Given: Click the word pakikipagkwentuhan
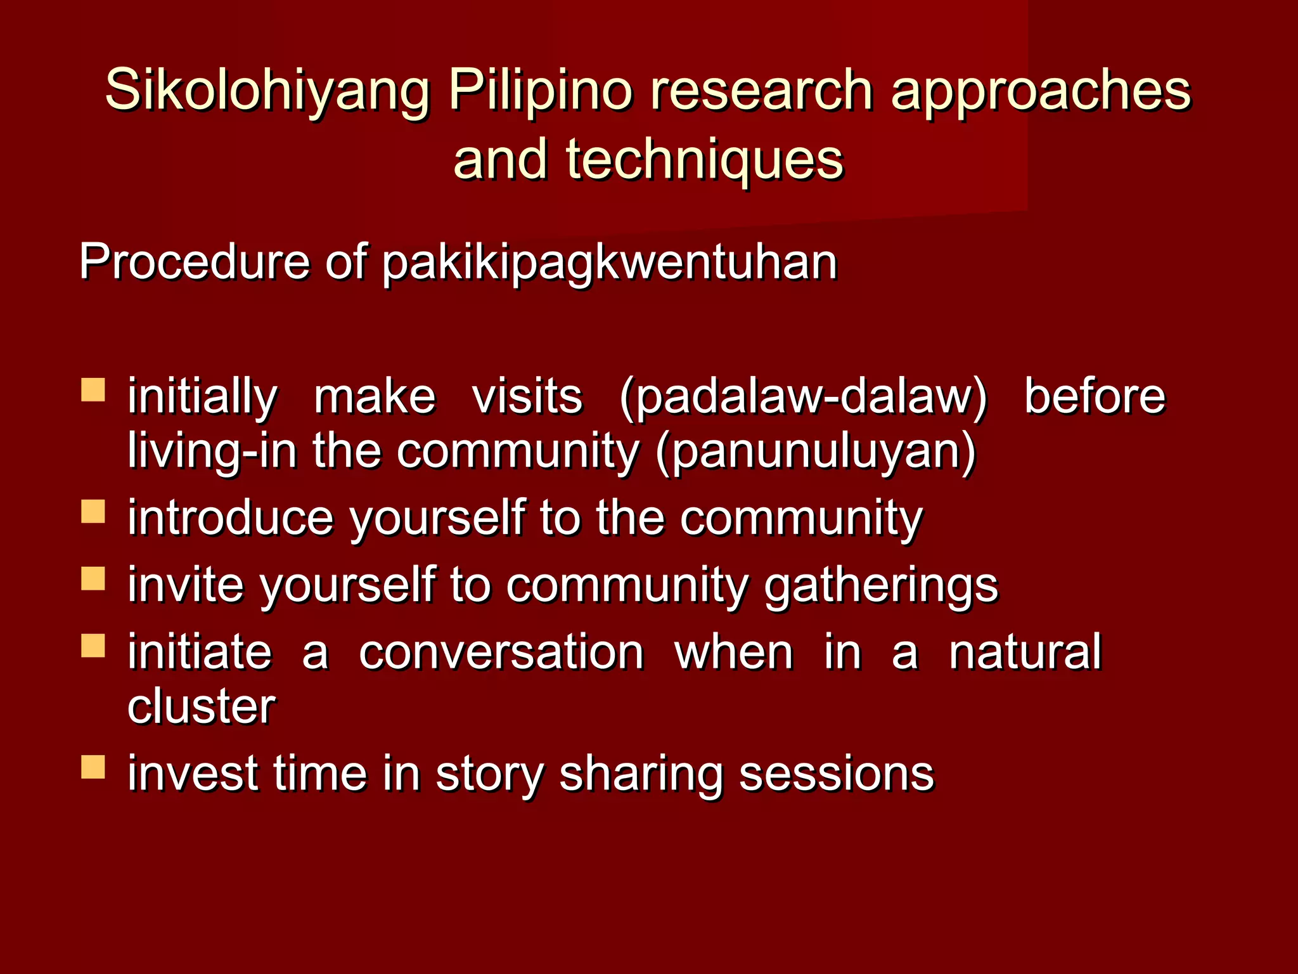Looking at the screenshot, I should pyautogui.click(x=610, y=263).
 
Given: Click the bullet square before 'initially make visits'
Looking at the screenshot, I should pyautogui.click(x=93, y=390).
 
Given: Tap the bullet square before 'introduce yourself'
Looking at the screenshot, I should pyautogui.click(x=93, y=511).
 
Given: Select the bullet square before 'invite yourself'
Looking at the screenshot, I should pyautogui.click(x=93, y=578).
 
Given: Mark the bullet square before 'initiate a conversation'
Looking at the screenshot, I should pyautogui.click(x=93, y=646).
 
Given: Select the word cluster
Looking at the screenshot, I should pyautogui.click(x=202, y=706).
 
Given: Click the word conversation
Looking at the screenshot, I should pyautogui.click(x=501, y=653).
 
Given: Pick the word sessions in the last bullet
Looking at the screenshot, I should pyautogui.click(x=836, y=774).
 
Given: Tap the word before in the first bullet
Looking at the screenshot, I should pyautogui.click(x=1095, y=396).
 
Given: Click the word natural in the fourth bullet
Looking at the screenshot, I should pyautogui.click(x=1025, y=653).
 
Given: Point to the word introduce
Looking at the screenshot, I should pyautogui.click(x=231, y=518).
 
